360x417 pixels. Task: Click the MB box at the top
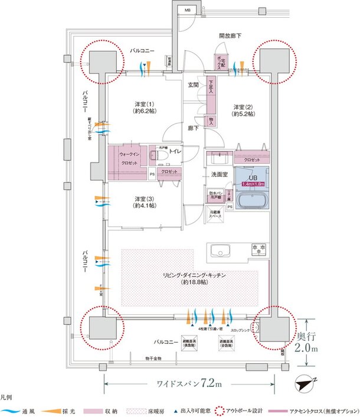[x=187, y=11]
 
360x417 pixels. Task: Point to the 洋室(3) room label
[x=144, y=202]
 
